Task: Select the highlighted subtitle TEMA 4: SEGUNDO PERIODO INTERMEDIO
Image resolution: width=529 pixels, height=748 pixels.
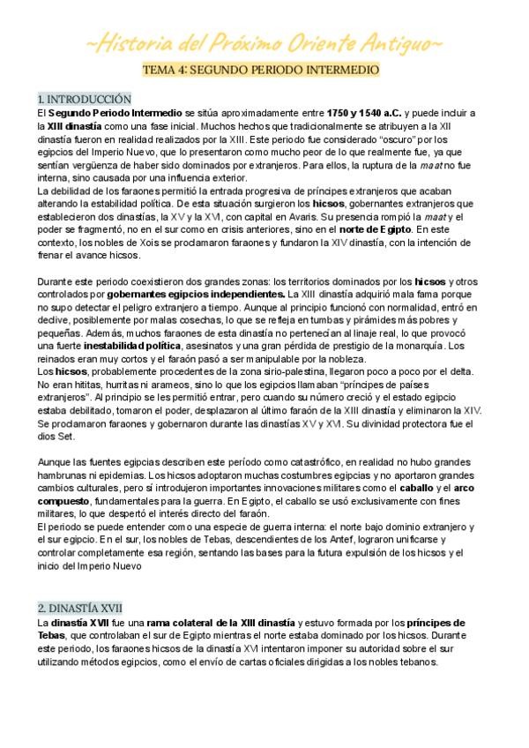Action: pyautogui.click(x=264, y=69)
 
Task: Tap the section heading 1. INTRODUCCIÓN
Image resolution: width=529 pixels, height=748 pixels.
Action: pyautogui.click(x=85, y=99)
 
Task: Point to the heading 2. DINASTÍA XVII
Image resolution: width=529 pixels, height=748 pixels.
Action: pyautogui.click(x=80, y=608)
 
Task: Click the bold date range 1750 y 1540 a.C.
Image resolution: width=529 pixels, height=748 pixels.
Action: pyautogui.click(x=364, y=114)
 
